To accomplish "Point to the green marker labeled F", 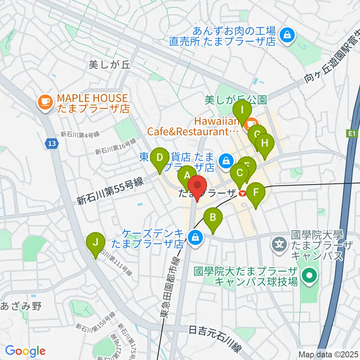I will point(256,193).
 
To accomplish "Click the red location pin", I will point(197,187).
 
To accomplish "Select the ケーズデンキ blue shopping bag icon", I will point(195,237).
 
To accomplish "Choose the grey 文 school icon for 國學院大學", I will point(280,244).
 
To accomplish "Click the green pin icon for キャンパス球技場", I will point(310,276).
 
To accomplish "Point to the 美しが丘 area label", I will point(109,64).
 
